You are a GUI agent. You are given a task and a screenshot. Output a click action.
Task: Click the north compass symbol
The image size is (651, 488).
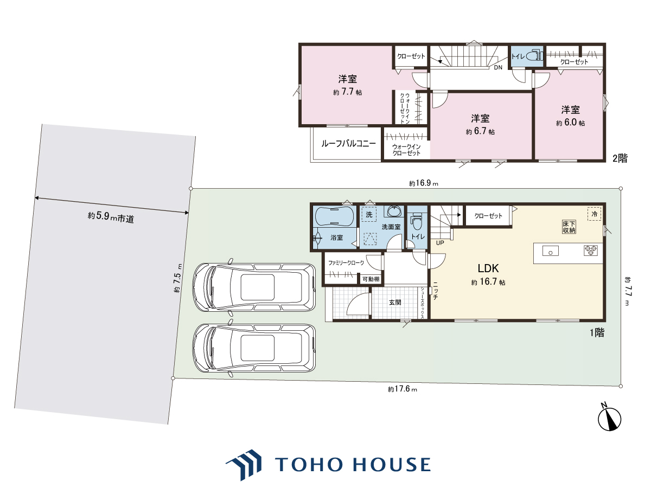pyautogui.click(x=609, y=419)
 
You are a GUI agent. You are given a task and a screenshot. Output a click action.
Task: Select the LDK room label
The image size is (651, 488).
pyautogui.click(x=488, y=268)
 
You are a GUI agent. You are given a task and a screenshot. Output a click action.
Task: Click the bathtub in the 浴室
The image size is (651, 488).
pyautogui.click(x=334, y=216)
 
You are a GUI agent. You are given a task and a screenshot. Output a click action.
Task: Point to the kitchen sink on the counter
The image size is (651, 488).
pyautogui.click(x=551, y=251)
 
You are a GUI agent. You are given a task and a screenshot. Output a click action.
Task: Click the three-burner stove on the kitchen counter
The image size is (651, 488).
pyautogui.click(x=591, y=251)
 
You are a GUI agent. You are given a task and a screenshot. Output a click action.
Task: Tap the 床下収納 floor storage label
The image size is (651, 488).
pyautogui.click(x=569, y=227)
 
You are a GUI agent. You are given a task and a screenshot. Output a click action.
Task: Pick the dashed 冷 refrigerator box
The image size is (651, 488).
pyautogui.click(x=595, y=214)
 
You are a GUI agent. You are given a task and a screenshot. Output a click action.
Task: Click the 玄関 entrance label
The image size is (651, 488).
pyautogui.click(x=395, y=303)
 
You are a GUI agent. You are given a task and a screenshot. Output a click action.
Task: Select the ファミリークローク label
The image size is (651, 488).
pyautogui.click(x=346, y=263)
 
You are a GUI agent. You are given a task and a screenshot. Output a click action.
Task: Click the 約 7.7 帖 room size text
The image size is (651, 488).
pyautogui.click(x=347, y=92)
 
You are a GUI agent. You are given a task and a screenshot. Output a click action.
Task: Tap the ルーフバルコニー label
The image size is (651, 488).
pyautogui.click(x=348, y=144)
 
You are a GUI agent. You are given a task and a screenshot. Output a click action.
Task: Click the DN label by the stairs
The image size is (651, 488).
pyautogui.click(x=498, y=68)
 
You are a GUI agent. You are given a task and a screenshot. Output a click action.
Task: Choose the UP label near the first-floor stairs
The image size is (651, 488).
pyautogui.click(x=440, y=243)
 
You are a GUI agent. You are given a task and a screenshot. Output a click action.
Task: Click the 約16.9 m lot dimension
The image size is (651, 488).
pyautogui.click(x=424, y=183)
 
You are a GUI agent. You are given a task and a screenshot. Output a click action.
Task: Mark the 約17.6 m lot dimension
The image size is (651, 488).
pyautogui.click(x=403, y=389)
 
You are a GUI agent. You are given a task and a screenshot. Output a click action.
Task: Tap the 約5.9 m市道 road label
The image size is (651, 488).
pyautogui.click(x=111, y=217)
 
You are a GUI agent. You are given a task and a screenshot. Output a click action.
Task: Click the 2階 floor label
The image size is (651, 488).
pyautogui.click(x=620, y=158)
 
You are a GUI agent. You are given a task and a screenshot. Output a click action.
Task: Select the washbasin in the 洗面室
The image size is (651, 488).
pyautogui.click(x=394, y=211)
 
